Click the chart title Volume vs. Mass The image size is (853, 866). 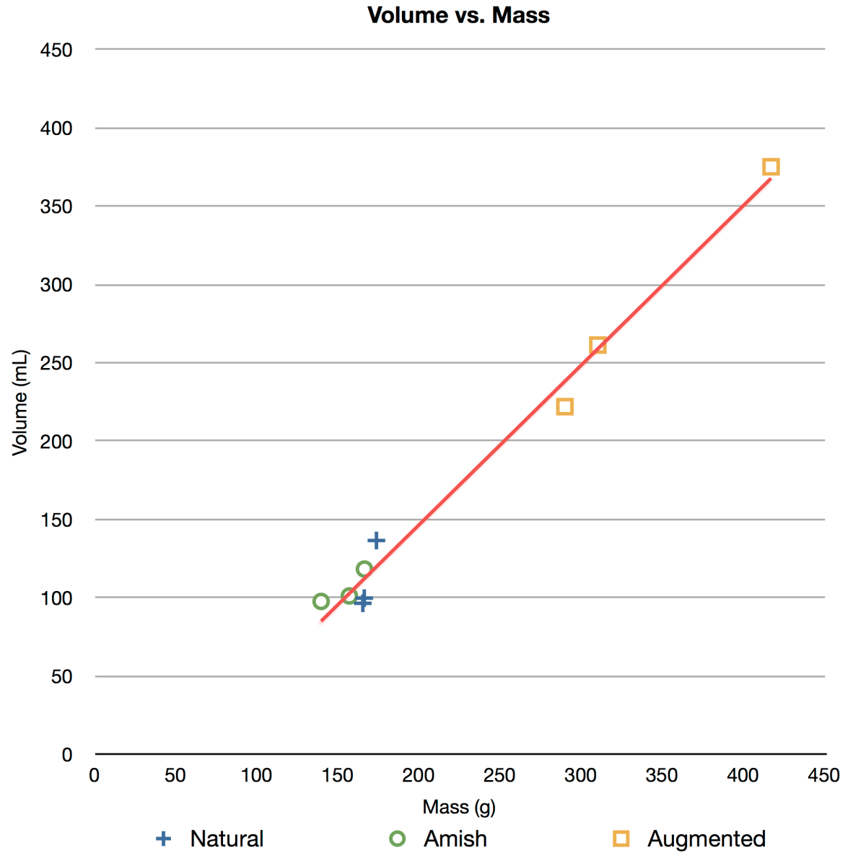click(x=458, y=15)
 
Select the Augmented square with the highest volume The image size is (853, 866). click(x=771, y=167)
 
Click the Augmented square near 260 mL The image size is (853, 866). click(x=598, y=345)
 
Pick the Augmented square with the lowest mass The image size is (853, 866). click(x=565, y=407)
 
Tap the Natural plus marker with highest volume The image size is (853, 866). click(x=376, y=541)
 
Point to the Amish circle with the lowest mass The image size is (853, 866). click(x=321, y=601)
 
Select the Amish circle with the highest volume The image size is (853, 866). click(x=364, y=569)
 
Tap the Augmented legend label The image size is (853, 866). click(x=706, y=839)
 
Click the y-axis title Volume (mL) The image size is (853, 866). click(x=19, y=403)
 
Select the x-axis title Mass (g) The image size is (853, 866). click(x=459, y=806)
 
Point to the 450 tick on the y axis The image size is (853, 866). click(x=56, y=50)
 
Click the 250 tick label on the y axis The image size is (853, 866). click(x=56, y=363)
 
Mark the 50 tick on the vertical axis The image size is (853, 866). click(x=62, y=677)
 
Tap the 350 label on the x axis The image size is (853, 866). click(x=661, y=776)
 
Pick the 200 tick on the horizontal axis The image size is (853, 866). click(x=418, y=776)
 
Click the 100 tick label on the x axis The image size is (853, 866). click(x=256, y=776)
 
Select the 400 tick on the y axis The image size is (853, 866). click(x=56, y=128)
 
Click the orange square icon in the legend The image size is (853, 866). click(x=621, y=839)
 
